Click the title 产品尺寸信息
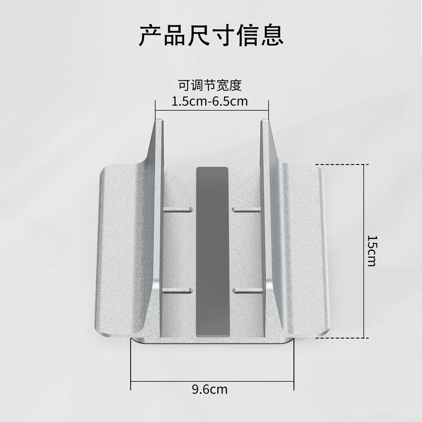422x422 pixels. click(212, 35)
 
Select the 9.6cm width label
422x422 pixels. click(209, 389)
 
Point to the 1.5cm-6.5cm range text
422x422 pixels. click(209, 101)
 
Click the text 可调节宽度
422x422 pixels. click(210, 85)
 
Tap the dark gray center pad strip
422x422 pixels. click(213, 252)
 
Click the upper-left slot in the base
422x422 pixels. click(178, 209)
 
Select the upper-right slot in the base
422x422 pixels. click(246, 209)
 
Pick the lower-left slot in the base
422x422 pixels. click(178, 291)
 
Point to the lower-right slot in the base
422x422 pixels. click(247, 291)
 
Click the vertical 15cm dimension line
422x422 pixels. click(364, 251)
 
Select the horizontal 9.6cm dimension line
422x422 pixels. click(213, 381)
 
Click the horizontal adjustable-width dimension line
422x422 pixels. click(212, 110)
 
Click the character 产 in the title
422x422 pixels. click(150, 35)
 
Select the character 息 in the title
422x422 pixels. click(272, 35)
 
